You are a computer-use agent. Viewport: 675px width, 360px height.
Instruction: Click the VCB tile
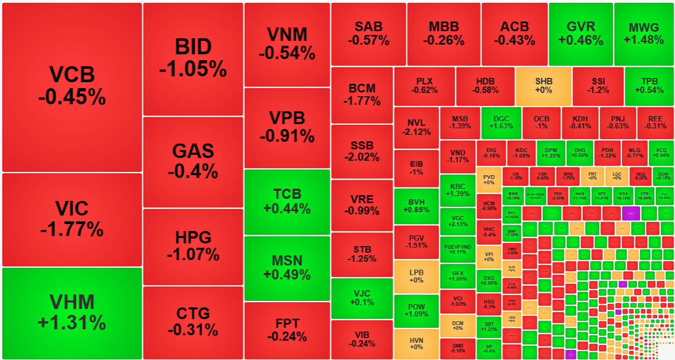[72, 87]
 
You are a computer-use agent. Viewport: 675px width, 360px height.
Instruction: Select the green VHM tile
[72, 313]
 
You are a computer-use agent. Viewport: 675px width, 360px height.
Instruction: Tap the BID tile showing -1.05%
[193, 59]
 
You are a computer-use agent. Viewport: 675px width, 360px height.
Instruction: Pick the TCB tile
[287, 201]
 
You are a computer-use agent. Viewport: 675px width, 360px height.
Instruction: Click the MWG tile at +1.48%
[644, 33]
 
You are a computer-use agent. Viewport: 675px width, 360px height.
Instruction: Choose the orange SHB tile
[543, 86]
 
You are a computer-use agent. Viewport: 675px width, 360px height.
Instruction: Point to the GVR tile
[580, 33]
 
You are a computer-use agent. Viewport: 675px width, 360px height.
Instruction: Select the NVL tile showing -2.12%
[416, 127]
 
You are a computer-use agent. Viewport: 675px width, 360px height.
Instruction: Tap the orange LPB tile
[416, 276]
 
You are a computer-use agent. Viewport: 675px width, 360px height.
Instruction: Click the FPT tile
[287, 330]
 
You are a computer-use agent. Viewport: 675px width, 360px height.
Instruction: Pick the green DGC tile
[501, 122]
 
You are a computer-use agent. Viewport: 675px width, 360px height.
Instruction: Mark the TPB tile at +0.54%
[649, 86]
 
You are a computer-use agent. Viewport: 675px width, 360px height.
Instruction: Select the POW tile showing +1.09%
[416, 311]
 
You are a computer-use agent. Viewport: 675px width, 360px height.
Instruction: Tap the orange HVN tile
[416, 343]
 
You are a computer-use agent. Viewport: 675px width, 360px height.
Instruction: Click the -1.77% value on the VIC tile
[72, 229]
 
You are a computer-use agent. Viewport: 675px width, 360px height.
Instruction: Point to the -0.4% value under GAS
[193, 171]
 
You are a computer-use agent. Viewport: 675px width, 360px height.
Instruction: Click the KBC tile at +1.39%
[458, 190]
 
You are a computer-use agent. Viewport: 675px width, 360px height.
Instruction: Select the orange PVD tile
[489, 179]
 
